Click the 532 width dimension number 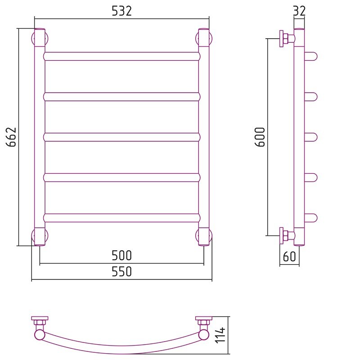coord(121,11)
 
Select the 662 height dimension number coord(11,137)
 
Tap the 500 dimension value coord(121,255)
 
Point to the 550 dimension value coord(121,271)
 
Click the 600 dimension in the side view coord(260,137)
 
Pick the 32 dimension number coord(299,11)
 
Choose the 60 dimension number coord(289,256)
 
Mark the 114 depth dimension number coord(220,335)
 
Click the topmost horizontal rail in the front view coord(121,56)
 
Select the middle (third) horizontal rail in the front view coord(121,137)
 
